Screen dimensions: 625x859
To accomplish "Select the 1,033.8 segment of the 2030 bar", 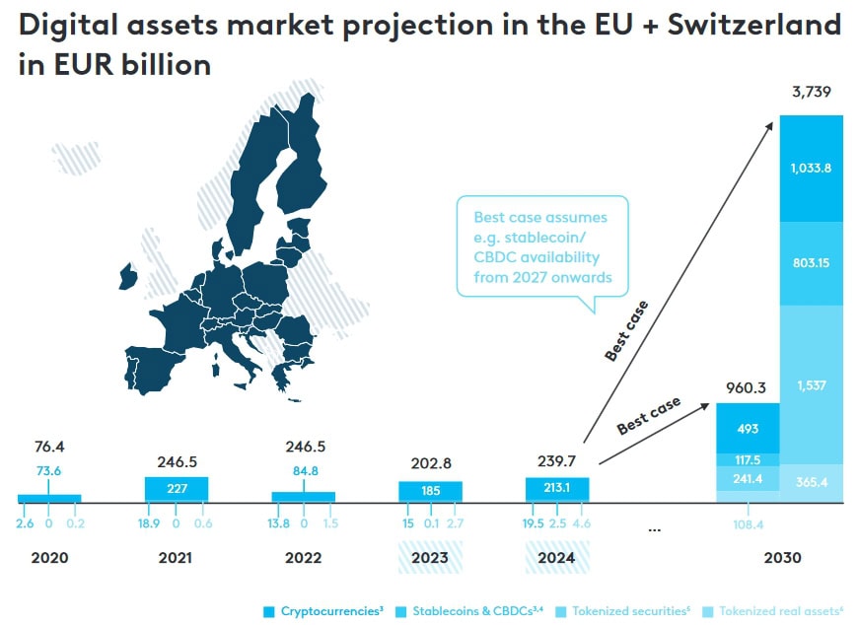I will pyautogui.click(x=812, y=168).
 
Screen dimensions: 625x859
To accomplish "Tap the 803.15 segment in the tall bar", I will pyautogui.click(x=812, y=263).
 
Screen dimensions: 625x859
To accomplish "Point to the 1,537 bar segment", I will pyautogui.click(x=812, y=384).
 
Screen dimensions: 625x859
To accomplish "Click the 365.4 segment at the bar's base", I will pyautogui.click(x=812, y=483).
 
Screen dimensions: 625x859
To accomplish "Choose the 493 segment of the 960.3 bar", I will pyautogui.click(x=747, y=427).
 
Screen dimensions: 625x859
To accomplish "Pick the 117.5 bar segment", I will pyautogui.click(x=747, y=459).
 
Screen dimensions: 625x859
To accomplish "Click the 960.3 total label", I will pyautogui.click(x=747, y=388).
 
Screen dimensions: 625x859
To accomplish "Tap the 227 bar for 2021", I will pyautogui.click(x=176, y=489).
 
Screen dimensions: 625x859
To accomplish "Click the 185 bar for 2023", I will pyautogui.click(x=430, y=490).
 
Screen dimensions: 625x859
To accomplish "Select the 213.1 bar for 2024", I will pyautogui.click(x=556, y=489).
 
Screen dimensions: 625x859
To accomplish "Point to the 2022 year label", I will pyautogui.click(x=303, y=558).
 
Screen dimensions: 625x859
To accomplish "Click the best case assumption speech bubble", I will pyautogui.click(x=541, y=246).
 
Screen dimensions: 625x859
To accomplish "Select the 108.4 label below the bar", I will pyautogui.click(x=747, y=523).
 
